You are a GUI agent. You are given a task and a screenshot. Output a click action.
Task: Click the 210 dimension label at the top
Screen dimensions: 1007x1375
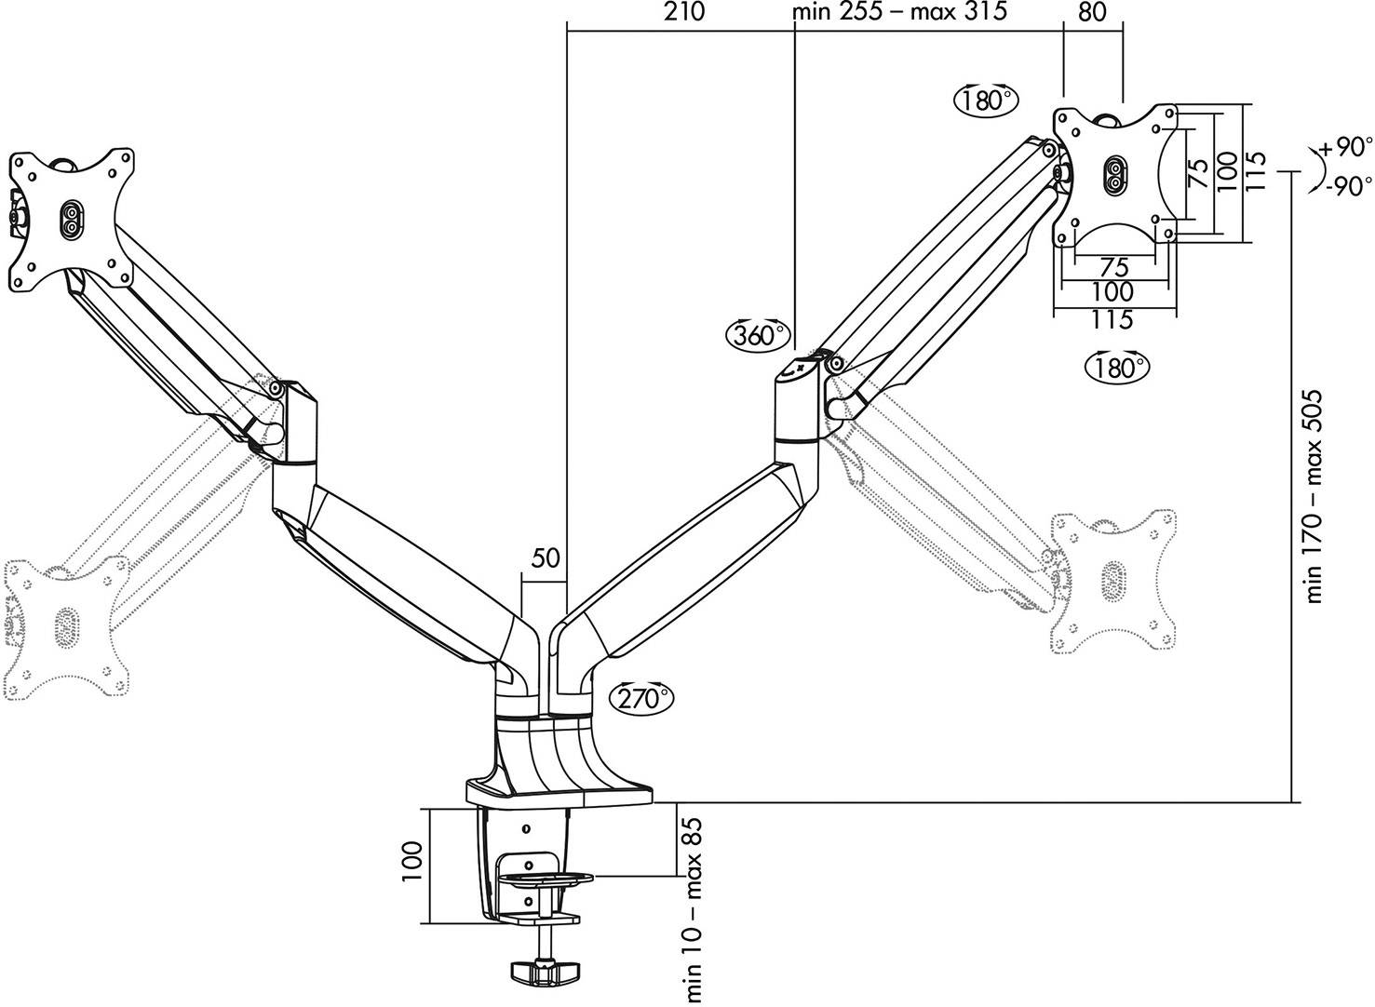tap(684, 12)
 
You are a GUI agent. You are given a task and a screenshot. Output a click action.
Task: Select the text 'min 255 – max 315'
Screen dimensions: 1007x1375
tap(898, 12)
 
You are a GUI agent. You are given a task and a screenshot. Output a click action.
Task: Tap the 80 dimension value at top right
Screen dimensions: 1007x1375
tap(1093, 12)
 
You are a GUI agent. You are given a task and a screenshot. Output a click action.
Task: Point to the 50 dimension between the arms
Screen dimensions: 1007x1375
tap(546, 558)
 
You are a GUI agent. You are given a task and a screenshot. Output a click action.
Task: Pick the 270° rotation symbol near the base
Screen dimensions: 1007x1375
tap(640, 697)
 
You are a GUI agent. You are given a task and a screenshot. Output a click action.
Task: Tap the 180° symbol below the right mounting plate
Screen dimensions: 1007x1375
tap(1117, 367)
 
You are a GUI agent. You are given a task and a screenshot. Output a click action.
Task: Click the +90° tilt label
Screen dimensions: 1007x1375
tap(1345, 148)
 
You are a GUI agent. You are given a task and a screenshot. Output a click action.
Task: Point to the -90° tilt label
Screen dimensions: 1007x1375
tap(1345, 186)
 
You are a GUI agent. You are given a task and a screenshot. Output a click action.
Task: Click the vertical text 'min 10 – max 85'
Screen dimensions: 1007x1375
tap(694, 897)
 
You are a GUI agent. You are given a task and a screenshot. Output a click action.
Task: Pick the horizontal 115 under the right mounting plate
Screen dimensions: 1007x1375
tap(1112, 319)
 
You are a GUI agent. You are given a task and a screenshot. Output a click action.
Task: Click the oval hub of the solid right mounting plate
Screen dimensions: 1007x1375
tap(1112, 176)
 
